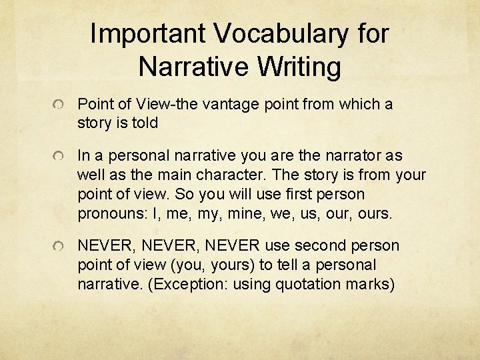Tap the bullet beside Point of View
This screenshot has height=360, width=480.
click(x=60, y=105)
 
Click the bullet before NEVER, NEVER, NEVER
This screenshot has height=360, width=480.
click(x=60, y=247)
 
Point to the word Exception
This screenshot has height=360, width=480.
click(x=175, y=283)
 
